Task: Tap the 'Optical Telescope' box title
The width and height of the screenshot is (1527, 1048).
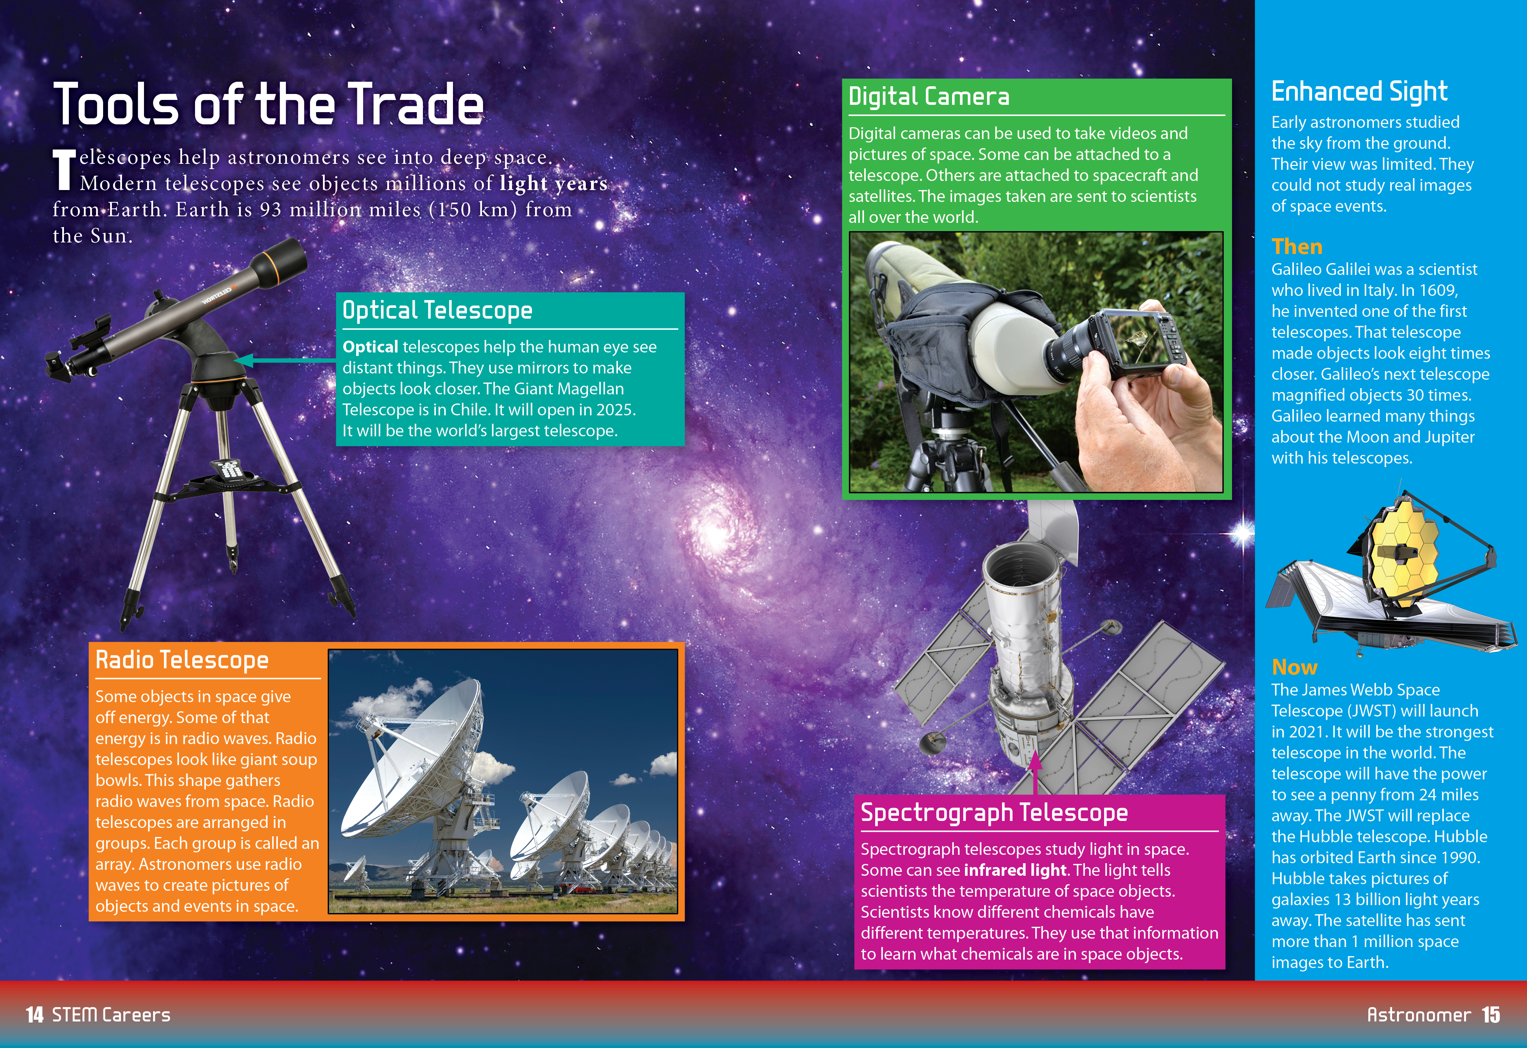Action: click(x=438, y=310)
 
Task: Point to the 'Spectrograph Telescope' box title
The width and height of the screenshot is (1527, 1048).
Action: click(x=994, y=813)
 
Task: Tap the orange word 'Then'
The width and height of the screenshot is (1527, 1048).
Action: click(x=1297, y=247)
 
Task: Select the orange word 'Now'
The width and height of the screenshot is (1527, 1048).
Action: click(x=1294, y=667)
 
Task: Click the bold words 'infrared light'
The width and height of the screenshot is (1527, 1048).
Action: click(x=1015, y=870)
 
